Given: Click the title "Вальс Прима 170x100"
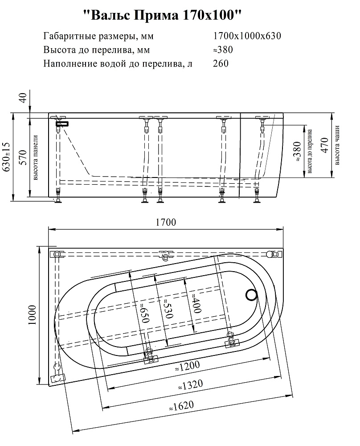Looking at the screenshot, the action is tap(163, 15).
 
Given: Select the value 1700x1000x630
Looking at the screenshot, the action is tap(247, 36).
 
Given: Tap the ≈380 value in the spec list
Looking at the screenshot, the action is tap(223, 50).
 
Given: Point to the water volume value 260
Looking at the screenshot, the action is tap(221, 63).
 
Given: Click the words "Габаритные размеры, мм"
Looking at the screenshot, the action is tap(98, 36).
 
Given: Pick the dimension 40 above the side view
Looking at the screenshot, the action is tap(23, 98).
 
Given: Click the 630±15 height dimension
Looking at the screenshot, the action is tap(6, 157).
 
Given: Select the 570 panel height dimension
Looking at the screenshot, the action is tap(23, 157).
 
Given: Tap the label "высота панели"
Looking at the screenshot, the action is tap(36, 157).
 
